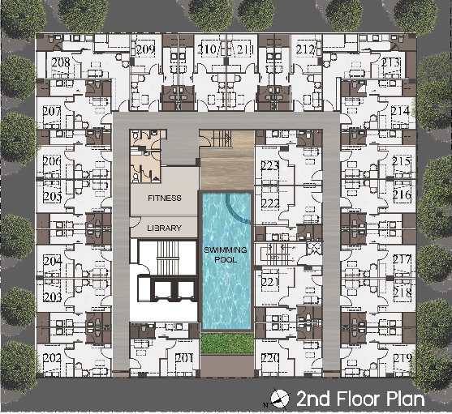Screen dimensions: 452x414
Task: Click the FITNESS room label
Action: (x=165, y=198)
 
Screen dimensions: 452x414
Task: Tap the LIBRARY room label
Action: (x=164, y=228)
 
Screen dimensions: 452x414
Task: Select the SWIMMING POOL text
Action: (x=226, y=254)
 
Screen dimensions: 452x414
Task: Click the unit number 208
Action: (x=61, y=62)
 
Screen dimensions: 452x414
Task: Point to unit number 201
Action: (x=183, y=358)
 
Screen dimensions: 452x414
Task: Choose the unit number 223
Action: (x=270, y=166)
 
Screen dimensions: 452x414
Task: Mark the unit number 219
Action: (x=402, y=358)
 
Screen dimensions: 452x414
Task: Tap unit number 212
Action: (x=305, y=49)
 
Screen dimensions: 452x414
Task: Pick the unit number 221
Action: (x=270, y=282)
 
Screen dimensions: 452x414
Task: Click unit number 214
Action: (x=400, y=111)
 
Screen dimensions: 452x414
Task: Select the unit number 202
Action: (x=52, y=358)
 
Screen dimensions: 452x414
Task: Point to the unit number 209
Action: (x=146, y=49)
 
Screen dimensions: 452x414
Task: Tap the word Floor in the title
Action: (x=359, y=399)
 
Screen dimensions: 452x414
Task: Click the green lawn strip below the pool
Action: (x=227, y=343)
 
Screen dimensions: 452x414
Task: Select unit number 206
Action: (x=52, y=161)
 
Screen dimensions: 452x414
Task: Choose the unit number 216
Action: (x=402, y=195)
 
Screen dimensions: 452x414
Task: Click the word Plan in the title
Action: (x=405, y=399)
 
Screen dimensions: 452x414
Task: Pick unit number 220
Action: (x=270, y=358)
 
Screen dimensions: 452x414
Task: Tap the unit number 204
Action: (x=53, y=261)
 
